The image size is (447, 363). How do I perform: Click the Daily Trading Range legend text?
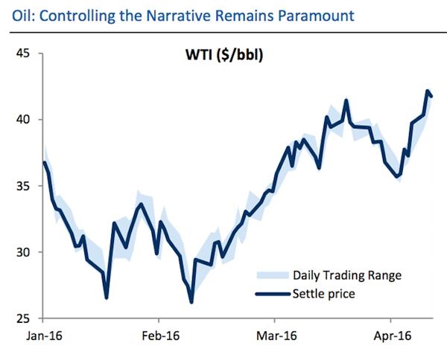347,275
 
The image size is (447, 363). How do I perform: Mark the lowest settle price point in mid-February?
191,302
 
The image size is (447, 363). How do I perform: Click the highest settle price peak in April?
428,91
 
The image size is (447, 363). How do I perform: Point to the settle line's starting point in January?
45,162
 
